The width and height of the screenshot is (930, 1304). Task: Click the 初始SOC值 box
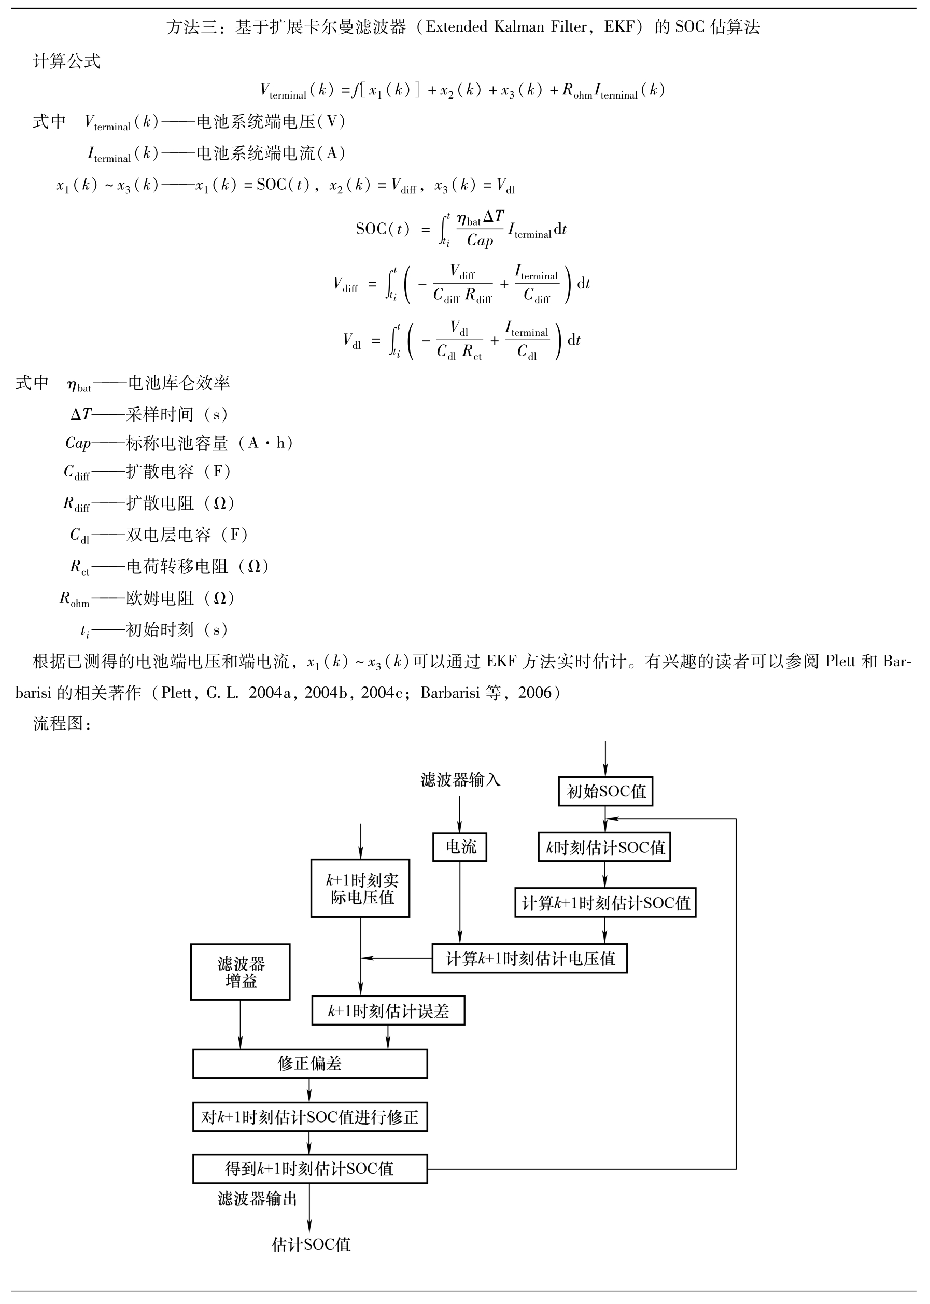[x=605, y=791]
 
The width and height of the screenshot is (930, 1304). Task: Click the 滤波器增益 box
[x=241, y=972]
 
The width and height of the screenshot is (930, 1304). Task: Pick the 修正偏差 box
[x=310, y=1063]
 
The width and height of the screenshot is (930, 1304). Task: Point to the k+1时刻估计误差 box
[x=388, y=1011]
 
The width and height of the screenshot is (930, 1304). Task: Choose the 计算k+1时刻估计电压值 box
[x=530, y=958]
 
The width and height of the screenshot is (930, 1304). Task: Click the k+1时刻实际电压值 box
[x=360, y=888]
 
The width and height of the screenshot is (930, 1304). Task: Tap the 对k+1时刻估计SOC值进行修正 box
[x=310, y=1117]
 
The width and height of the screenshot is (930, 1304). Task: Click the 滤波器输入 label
[x=460, y=779]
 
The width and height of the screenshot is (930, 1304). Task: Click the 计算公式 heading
[x=67, y=61]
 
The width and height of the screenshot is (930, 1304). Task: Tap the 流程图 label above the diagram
[x=62, y=723]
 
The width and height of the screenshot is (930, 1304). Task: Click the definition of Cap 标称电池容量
[x=180, y=443]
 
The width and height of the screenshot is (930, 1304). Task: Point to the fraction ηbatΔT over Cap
[x=481, y=229]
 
